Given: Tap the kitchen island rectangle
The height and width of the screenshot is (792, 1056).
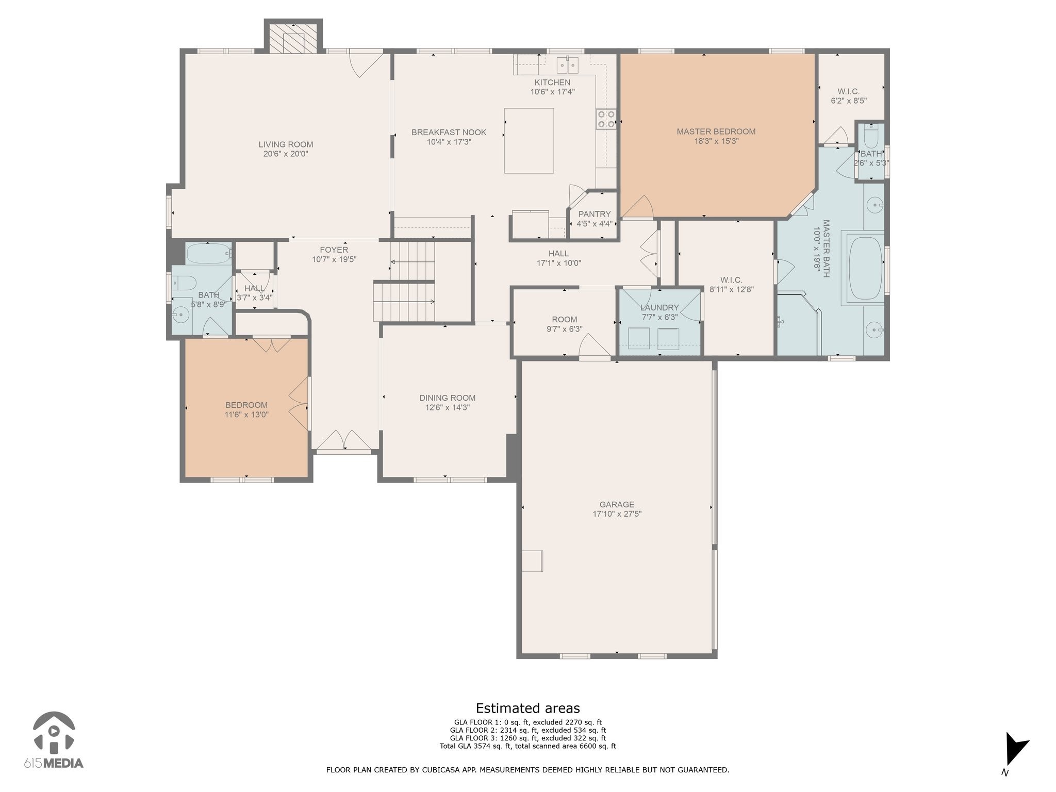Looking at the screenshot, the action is click(529, 141).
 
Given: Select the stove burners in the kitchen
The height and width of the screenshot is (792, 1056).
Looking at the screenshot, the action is click(606, 119).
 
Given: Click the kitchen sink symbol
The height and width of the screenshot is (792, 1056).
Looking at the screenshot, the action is click(567, 65).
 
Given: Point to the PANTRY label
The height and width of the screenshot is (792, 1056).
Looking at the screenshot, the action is click(595, 214).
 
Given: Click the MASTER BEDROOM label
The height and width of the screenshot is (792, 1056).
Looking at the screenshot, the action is click(716, 131).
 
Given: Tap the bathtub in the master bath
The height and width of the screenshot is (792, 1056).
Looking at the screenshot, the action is click(866, 268).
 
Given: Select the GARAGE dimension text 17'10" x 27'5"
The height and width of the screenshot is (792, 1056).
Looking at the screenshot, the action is click(617, 514).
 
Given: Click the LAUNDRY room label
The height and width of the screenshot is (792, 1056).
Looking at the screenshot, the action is click(659, 308).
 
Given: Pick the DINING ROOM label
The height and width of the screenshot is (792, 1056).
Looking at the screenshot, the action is click(448, 398).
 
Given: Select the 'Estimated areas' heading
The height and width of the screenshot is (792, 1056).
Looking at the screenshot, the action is click(527, 708).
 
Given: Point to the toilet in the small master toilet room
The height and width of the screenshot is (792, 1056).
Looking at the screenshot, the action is click(871, 137).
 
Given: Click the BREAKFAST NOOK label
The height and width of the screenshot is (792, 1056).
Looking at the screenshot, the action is click(449, 133).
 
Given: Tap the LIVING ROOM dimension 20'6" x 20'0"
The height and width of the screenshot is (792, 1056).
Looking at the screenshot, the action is click(286, 154).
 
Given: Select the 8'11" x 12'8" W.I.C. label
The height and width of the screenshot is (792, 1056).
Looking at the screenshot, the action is click(732, 289).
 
